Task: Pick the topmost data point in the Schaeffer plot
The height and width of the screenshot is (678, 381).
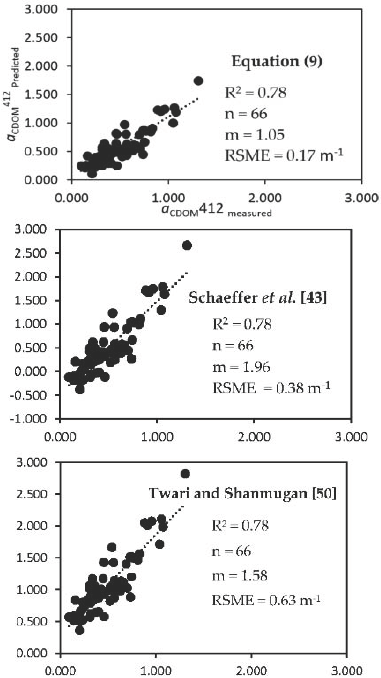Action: pos(187,245)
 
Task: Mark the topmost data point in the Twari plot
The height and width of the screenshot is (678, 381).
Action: pos(185,474)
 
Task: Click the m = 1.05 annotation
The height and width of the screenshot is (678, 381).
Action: pos(254,135)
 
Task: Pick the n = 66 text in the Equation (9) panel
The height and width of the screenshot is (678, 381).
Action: pos(246,114)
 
